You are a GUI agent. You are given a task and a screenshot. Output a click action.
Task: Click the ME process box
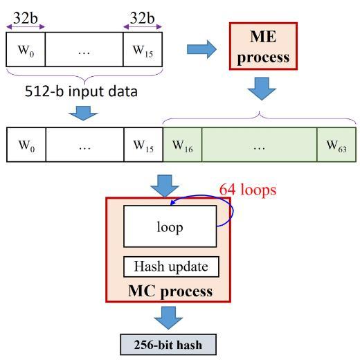point(263,46)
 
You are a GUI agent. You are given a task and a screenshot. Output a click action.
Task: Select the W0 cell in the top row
point(26,49)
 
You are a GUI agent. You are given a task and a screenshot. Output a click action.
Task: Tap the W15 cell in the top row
point(143,49)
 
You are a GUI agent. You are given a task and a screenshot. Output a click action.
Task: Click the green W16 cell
point(182,145)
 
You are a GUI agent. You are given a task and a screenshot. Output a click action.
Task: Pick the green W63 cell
point(336,145)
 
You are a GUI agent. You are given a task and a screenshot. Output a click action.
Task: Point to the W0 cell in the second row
point(26,145)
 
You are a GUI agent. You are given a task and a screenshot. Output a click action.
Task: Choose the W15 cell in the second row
point(143,145)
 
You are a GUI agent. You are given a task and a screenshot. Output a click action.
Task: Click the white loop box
point(170,226)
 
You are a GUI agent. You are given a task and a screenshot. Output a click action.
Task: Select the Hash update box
point(171,267)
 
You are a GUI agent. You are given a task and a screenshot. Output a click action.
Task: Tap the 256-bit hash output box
point(168,345)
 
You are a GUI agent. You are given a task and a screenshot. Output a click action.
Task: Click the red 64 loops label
point(248,190)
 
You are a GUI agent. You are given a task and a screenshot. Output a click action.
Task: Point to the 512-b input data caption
point(81,91)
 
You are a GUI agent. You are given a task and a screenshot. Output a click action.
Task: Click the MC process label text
point(170,291)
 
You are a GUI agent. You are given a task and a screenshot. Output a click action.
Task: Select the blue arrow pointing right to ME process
point(201,49)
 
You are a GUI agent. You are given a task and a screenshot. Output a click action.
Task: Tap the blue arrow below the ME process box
point(262,89)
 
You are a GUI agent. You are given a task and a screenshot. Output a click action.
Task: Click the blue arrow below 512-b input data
point(83,114)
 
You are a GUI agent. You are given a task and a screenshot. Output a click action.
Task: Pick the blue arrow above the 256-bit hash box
point(168,318)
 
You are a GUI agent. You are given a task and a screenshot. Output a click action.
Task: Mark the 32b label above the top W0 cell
point(26,18)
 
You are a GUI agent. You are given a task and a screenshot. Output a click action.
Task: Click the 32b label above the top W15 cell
point(142,18)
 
